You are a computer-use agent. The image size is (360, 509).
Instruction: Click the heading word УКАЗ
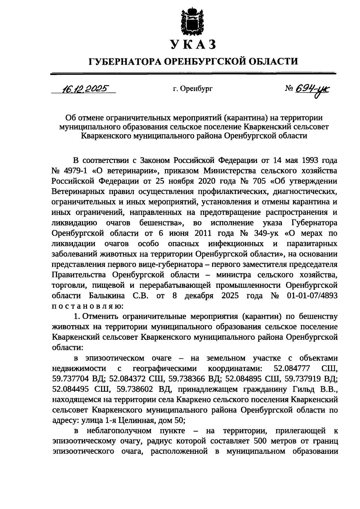pyautogui.click(x=193, y=45)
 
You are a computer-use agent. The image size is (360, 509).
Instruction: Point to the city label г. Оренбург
pyautogui.click(x=192, y=89)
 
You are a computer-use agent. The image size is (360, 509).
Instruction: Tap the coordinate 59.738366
pyautogui.click(x=187, y=379)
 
